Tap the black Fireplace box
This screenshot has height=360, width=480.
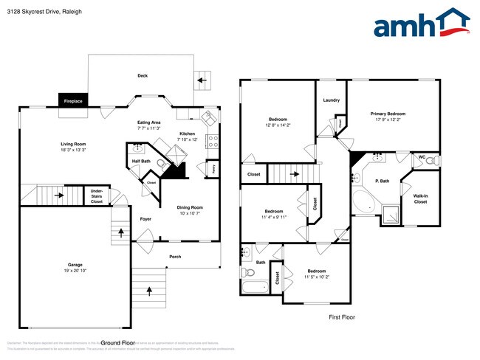point(72,100)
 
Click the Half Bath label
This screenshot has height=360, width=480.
point(141,161)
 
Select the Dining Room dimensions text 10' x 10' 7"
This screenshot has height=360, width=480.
point(191,213)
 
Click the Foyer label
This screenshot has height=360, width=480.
point(145,219)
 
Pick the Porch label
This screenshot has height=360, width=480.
point(175,257)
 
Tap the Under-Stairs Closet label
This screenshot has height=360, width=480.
point(97,195)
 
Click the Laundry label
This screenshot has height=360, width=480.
point(331,100)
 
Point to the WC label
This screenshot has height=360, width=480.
point(422,156)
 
